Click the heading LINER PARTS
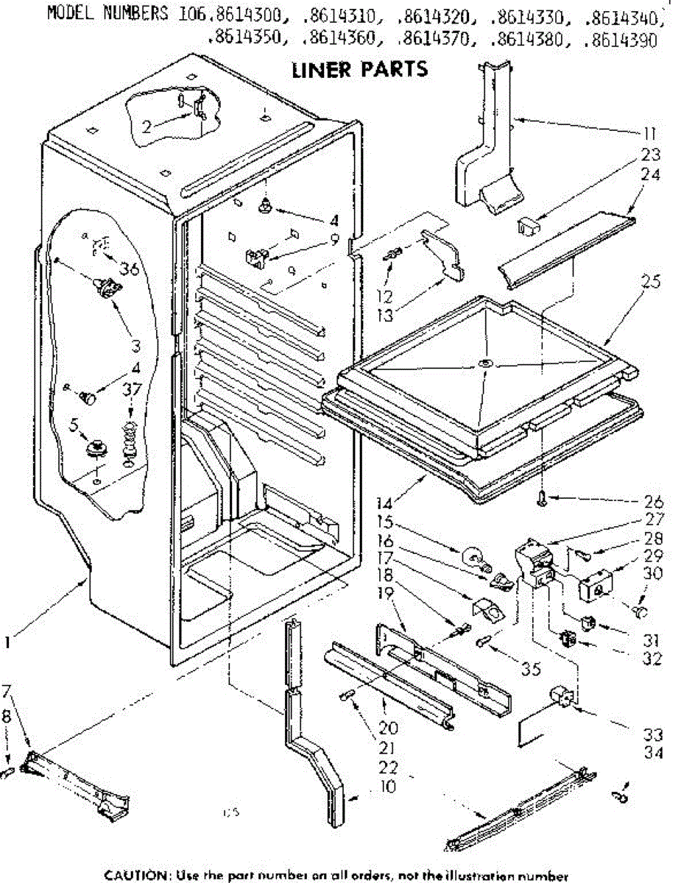pyautogui.click(x=359, y=70)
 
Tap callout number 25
pyautogui.click(x=651, y=282)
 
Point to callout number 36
pyautogui.click(x=130, y=269)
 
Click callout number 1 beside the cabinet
pyautogui.click(x=7, y=643)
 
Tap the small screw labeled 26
pyautogui.click(x=540, y=500)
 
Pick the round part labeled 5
pyautogui.click(x=96, y=447)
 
